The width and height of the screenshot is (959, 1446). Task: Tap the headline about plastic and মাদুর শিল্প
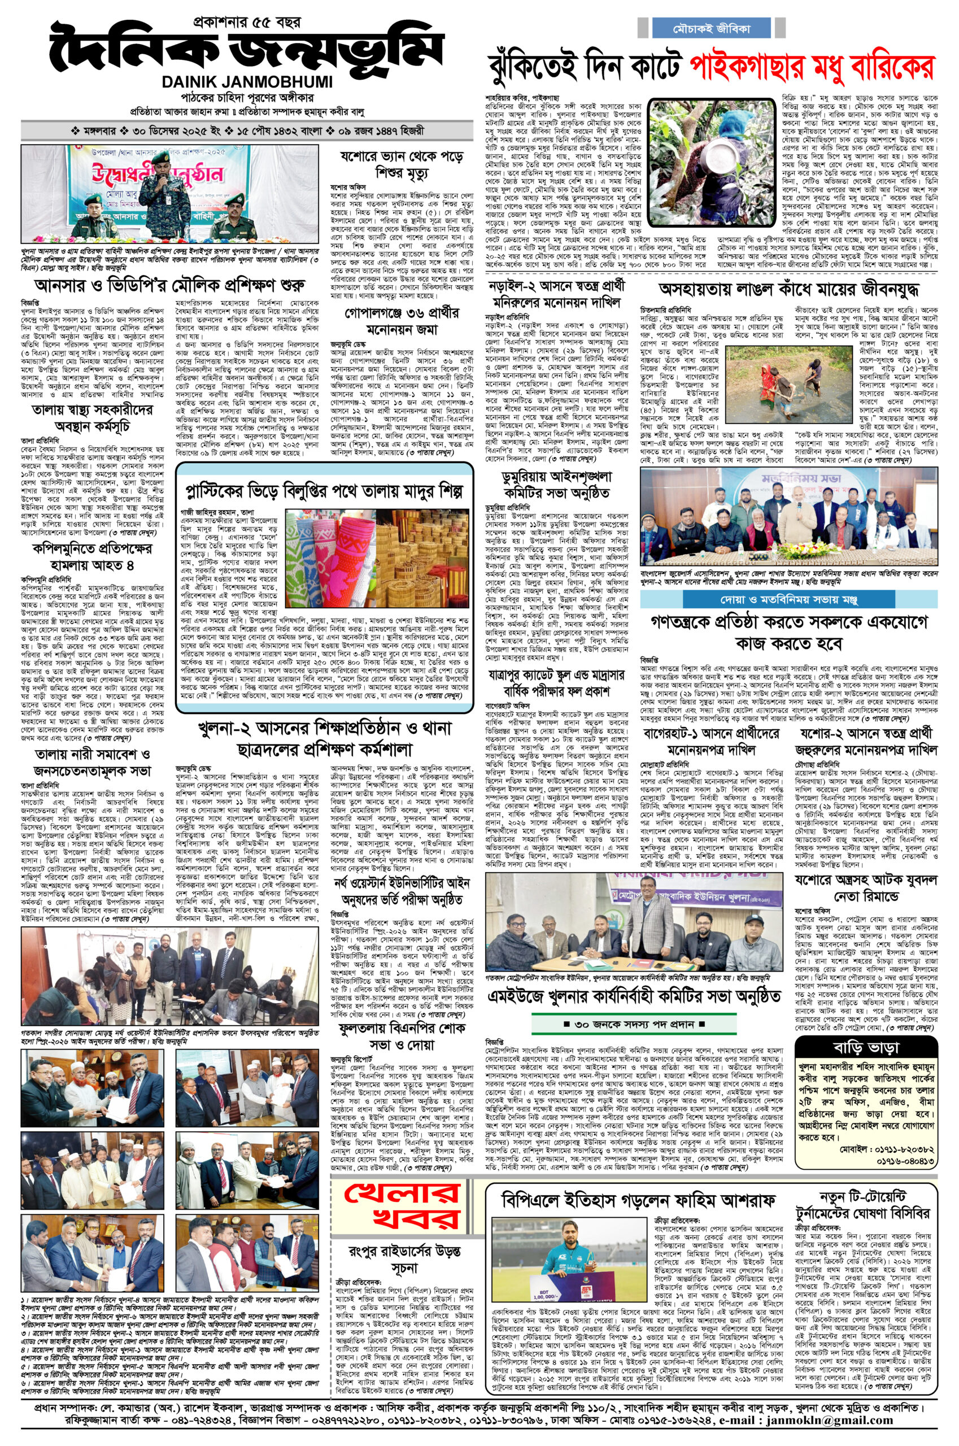pyautogui.click(x=324, y=490)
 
